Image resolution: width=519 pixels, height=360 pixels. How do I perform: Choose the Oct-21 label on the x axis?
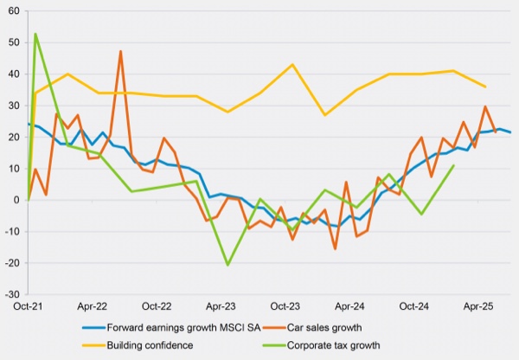pos(29,306)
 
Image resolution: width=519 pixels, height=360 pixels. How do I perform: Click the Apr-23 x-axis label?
pos(221,306)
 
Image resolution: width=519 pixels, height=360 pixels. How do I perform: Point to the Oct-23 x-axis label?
pos(287,306)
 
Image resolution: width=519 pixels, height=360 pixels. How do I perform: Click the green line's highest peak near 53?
pos(35,34)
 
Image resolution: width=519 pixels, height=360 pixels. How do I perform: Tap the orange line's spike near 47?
pos(120,51)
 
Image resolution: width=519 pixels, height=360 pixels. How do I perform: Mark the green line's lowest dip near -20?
pos(227,265)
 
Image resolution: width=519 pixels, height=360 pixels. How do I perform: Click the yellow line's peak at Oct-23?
pos(292,65)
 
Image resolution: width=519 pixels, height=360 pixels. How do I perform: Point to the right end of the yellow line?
pos(485,87)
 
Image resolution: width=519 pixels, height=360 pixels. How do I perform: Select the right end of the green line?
pos(454,165)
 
